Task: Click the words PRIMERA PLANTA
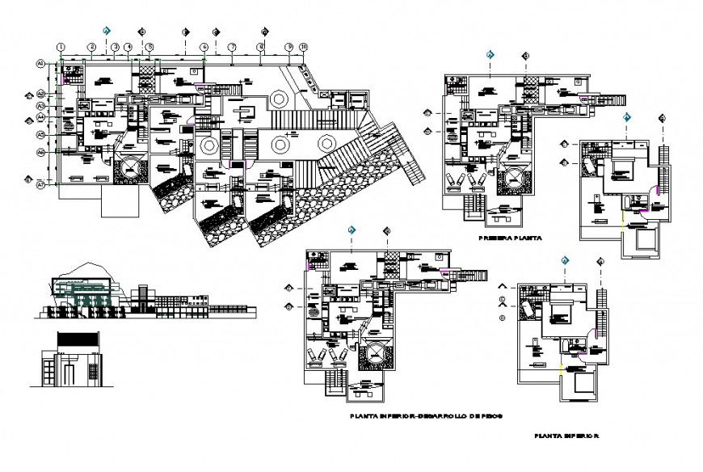coord(509,239)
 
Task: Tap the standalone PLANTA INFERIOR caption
coord(566,436)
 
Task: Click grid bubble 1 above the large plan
coord(61,48)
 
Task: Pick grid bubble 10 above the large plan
coord(303,48)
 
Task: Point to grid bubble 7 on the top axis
coord(231,48)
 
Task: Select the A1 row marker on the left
coord(39,63)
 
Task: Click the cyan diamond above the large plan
coord(106,31)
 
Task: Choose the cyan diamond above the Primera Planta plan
coord(490,55)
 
